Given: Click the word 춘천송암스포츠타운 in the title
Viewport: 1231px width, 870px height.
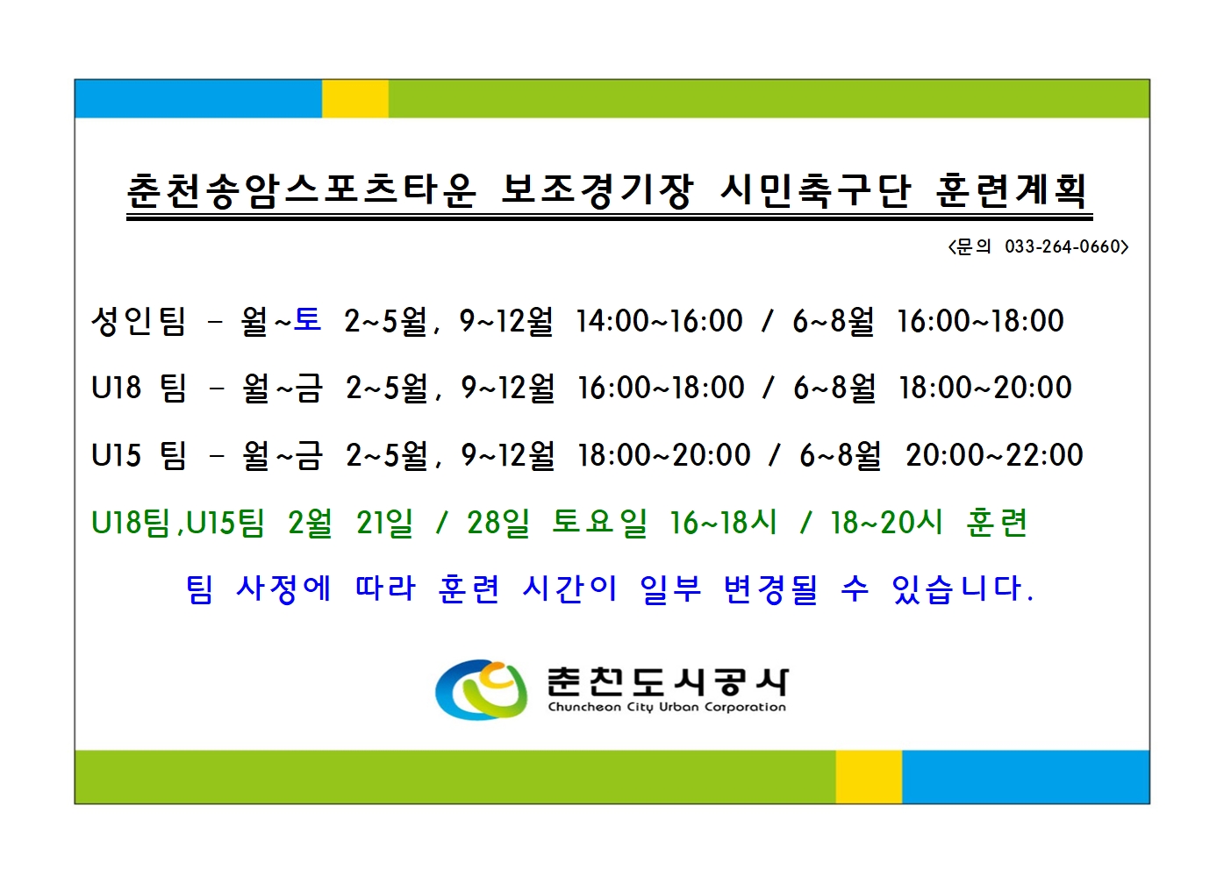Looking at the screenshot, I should click(x=302, y=190).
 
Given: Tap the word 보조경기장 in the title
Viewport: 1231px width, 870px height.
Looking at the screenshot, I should click(x=597, y=190).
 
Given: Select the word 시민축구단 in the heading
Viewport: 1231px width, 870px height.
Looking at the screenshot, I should click(x=816, y=190).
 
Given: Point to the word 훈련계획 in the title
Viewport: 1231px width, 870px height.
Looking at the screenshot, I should click(x=1012, y=190).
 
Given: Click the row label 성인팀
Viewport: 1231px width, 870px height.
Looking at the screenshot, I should click(x=139, y=320).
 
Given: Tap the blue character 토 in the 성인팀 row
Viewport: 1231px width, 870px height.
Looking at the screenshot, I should click(x=307, y=319).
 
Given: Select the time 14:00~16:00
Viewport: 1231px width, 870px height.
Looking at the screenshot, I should click(x=659, y=321).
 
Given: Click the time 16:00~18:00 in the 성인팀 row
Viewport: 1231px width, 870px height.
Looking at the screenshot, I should click(x=980, y=321).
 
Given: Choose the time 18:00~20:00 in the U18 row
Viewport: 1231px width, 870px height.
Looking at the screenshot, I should click(x=984, y=388).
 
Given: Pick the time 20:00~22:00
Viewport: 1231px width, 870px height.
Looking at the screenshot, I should click(x=994, y=455).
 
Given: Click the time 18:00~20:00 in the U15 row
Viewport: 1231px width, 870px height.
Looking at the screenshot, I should click(x=663, y=455).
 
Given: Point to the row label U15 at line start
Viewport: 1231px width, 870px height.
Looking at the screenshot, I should click(x=116, y=455).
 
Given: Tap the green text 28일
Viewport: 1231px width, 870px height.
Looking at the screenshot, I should click(x=498, y=523).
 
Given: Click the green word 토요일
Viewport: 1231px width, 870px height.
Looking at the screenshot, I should click(x=599, y=523).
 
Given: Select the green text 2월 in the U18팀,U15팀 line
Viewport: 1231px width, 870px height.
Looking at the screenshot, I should click(x=310, y=523).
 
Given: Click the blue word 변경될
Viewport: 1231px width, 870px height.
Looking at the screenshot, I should click(x=770, y=588).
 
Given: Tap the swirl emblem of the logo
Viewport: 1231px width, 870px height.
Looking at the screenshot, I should click(x=481, y=689).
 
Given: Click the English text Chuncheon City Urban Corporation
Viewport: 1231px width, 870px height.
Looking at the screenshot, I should click(x=667, y=707).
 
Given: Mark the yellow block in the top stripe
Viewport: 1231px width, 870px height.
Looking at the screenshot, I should click(x=355, y=99).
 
